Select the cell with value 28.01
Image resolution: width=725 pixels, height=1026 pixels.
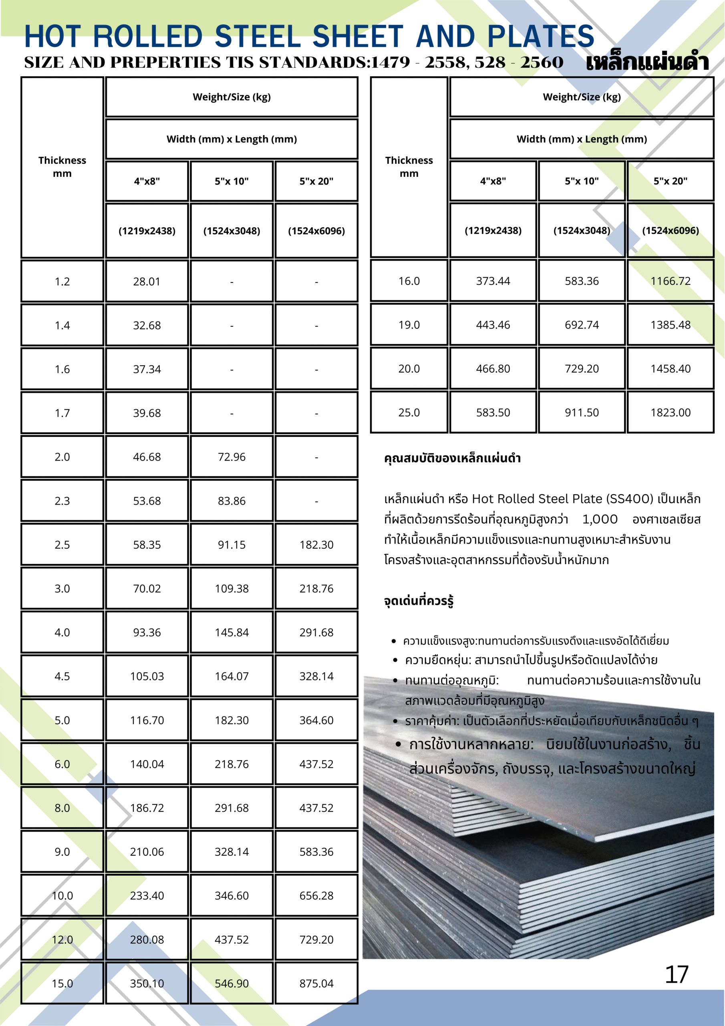tap(147, 281)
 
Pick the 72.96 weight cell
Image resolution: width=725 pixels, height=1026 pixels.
tap(232, 457)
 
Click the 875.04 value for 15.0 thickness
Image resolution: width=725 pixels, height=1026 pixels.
tap(316, 984)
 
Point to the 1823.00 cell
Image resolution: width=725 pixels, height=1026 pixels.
tap(670, 412)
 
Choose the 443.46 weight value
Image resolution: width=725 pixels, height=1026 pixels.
tap(493, 325)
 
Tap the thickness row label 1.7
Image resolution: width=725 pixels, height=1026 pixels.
tap(62, 413)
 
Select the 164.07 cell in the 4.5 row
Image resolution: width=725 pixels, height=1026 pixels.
tap(232, 677)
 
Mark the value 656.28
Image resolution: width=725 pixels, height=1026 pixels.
tap(316, 895)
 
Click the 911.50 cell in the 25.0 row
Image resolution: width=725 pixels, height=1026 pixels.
tap(582, 412)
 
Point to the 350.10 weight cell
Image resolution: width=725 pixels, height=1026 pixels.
tap(147, 984)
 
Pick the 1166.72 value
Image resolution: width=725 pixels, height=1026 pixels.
tap(670, 281)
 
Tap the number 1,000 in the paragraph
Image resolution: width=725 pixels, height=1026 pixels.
tap(600, 519)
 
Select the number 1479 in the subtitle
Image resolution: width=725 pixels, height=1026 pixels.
tap(390, 63)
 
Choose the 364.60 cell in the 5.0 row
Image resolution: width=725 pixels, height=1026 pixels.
tap(316, 720)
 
